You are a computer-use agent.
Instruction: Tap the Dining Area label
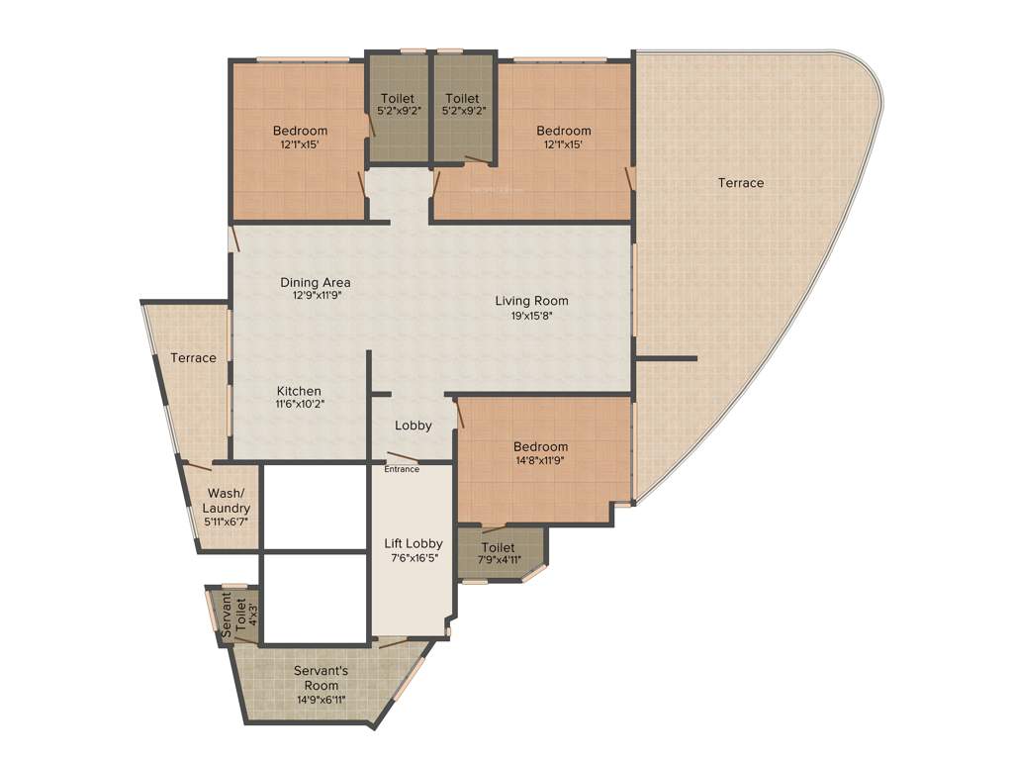tap(315, 282)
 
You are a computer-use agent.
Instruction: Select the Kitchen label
tap(299, 391)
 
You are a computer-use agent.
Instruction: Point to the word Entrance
tap(402, 469)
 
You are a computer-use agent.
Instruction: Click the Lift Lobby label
tap(414, 543)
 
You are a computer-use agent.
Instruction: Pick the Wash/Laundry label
tap(229, 501)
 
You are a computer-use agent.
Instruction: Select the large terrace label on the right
tap(741, 183)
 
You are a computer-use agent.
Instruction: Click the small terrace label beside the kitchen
tap(193, 357)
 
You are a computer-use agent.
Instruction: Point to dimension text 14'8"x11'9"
tap(540, 460)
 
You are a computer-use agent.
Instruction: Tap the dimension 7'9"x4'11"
tap(499, 560)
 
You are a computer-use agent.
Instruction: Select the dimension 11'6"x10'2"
tap(299, 404)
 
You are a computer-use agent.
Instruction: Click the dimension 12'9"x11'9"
tap(315, 295)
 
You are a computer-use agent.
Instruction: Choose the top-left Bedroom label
tap(300, 131)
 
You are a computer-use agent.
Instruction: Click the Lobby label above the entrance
tap(414, 426)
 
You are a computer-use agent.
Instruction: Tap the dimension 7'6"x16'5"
tap(414, 558)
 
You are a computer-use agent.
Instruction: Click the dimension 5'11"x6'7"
tap(229, 522)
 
